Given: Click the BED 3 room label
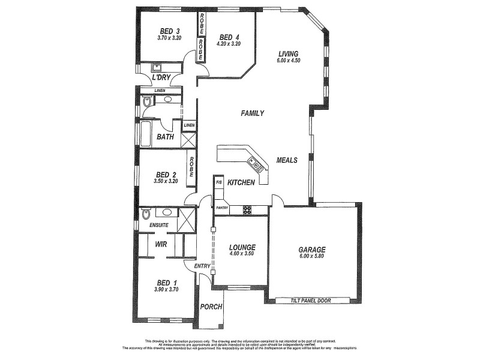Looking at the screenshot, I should coord(170,31).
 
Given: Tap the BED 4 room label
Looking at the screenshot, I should coord(229,35).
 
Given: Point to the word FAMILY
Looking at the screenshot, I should coord(252,113).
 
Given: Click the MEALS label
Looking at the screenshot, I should coord(287,160).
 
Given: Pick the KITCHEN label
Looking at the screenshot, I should coord(242,182).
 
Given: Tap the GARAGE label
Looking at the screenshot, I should coord(312,250).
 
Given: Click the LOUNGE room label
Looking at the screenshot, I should coord(242,247).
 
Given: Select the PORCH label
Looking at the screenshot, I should coord(211,307).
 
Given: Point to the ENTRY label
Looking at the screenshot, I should coord(202,266).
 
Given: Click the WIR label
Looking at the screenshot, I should coord(161,244).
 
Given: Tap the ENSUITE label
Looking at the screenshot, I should coord(155,225).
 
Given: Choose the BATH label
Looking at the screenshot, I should coord(165,137).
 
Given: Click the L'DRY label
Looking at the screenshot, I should coord(161,77).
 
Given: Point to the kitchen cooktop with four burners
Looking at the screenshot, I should coord(247,210).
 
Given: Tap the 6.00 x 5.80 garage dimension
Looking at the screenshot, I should coord(312,257).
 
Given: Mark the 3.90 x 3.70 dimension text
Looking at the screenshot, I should coord(166,290).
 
